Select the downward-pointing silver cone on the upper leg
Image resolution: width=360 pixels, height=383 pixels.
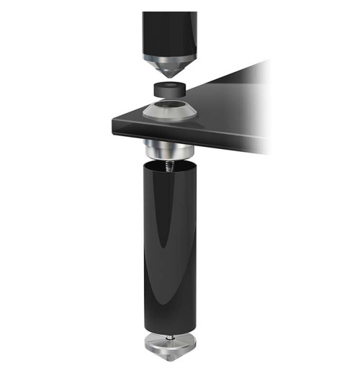[168, 67]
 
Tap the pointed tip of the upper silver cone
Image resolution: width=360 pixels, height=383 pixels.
[170, 76]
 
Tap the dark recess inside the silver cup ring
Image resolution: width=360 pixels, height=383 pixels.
[168, 109]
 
